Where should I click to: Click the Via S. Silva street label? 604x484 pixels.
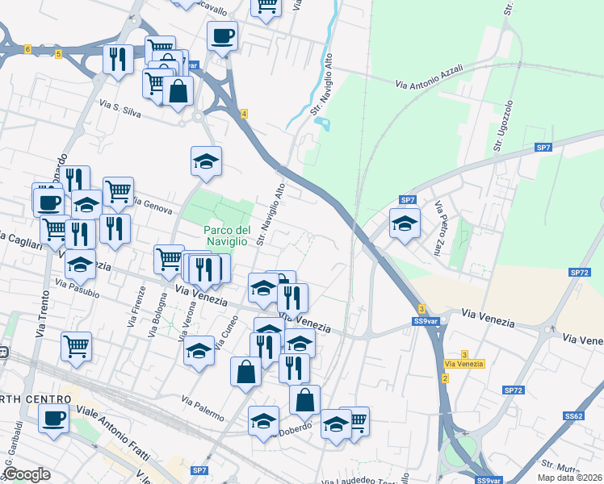click(120, 110)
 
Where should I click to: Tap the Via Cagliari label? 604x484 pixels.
click(18, 241)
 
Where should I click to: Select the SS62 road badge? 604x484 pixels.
click(574, 416)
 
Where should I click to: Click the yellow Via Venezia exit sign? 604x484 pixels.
click(463, 364)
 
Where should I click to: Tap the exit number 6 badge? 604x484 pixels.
click(27, 50)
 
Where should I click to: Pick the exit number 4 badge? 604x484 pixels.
click(243, 114)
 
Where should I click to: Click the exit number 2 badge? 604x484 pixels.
click(445, 378)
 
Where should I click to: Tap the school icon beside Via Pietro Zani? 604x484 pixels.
click(405, 223)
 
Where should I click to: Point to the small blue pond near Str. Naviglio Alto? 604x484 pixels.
click(325, 124)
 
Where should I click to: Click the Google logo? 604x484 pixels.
click(26, 474)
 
